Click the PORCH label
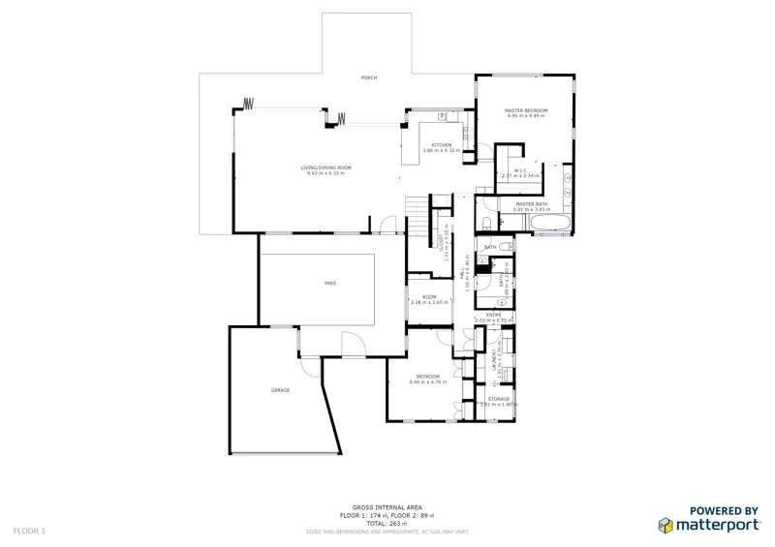[368, 77]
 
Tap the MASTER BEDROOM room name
[526, 111]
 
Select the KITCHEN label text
[441, 145]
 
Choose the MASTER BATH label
[533, 204]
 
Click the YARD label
[329, 283]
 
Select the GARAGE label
[280, 389]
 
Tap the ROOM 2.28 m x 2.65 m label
[429, 298]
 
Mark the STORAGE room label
[499, 400]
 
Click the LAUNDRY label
[495, 361]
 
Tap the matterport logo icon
[666, 525]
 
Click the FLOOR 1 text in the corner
[29, 531]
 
